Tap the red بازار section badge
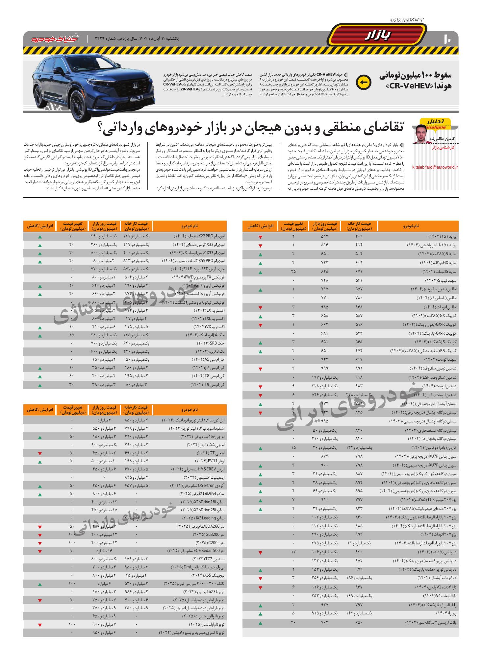378,36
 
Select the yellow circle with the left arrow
363,82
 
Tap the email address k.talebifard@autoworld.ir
435,167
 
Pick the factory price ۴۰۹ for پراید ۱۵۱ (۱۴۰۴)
358,236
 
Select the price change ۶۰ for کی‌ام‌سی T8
71,376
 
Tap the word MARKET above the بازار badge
406,20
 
